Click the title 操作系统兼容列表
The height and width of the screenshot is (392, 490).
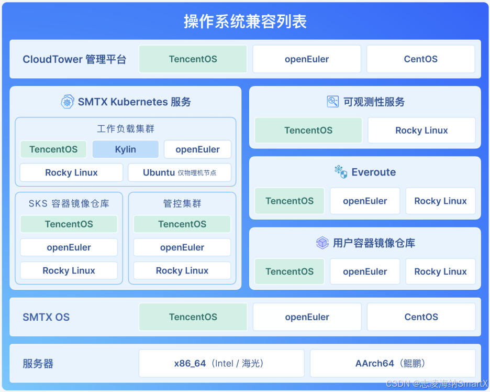(245, 21)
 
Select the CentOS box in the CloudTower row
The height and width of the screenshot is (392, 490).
(420, 59)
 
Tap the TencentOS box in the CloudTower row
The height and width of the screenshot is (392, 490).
(193, 59)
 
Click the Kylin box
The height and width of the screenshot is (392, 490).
(125, 149)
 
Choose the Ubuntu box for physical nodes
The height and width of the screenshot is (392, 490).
(180, 172)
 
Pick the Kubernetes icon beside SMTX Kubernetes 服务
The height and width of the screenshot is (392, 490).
(67, 102)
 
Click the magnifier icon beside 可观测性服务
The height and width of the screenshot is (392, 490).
(333, 102)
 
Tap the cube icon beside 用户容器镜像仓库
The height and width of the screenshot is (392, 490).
(322, 243)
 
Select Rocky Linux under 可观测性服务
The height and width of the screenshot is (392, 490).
(421, 130)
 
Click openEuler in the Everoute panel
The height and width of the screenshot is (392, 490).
(365, 201)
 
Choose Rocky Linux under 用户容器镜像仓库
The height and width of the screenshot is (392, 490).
(440, 271)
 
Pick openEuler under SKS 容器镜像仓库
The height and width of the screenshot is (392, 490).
(69, 247)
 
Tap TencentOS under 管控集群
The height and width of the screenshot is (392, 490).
(182, 224)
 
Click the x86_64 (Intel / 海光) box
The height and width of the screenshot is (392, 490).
(221, 363)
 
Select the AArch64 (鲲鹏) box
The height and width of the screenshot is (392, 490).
(393, 363)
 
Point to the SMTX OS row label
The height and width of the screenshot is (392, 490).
(46, 317)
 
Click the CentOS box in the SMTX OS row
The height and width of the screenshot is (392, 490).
(421, 317)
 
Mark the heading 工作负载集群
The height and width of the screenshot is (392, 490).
(126, 128)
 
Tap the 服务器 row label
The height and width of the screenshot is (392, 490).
(38, 364)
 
